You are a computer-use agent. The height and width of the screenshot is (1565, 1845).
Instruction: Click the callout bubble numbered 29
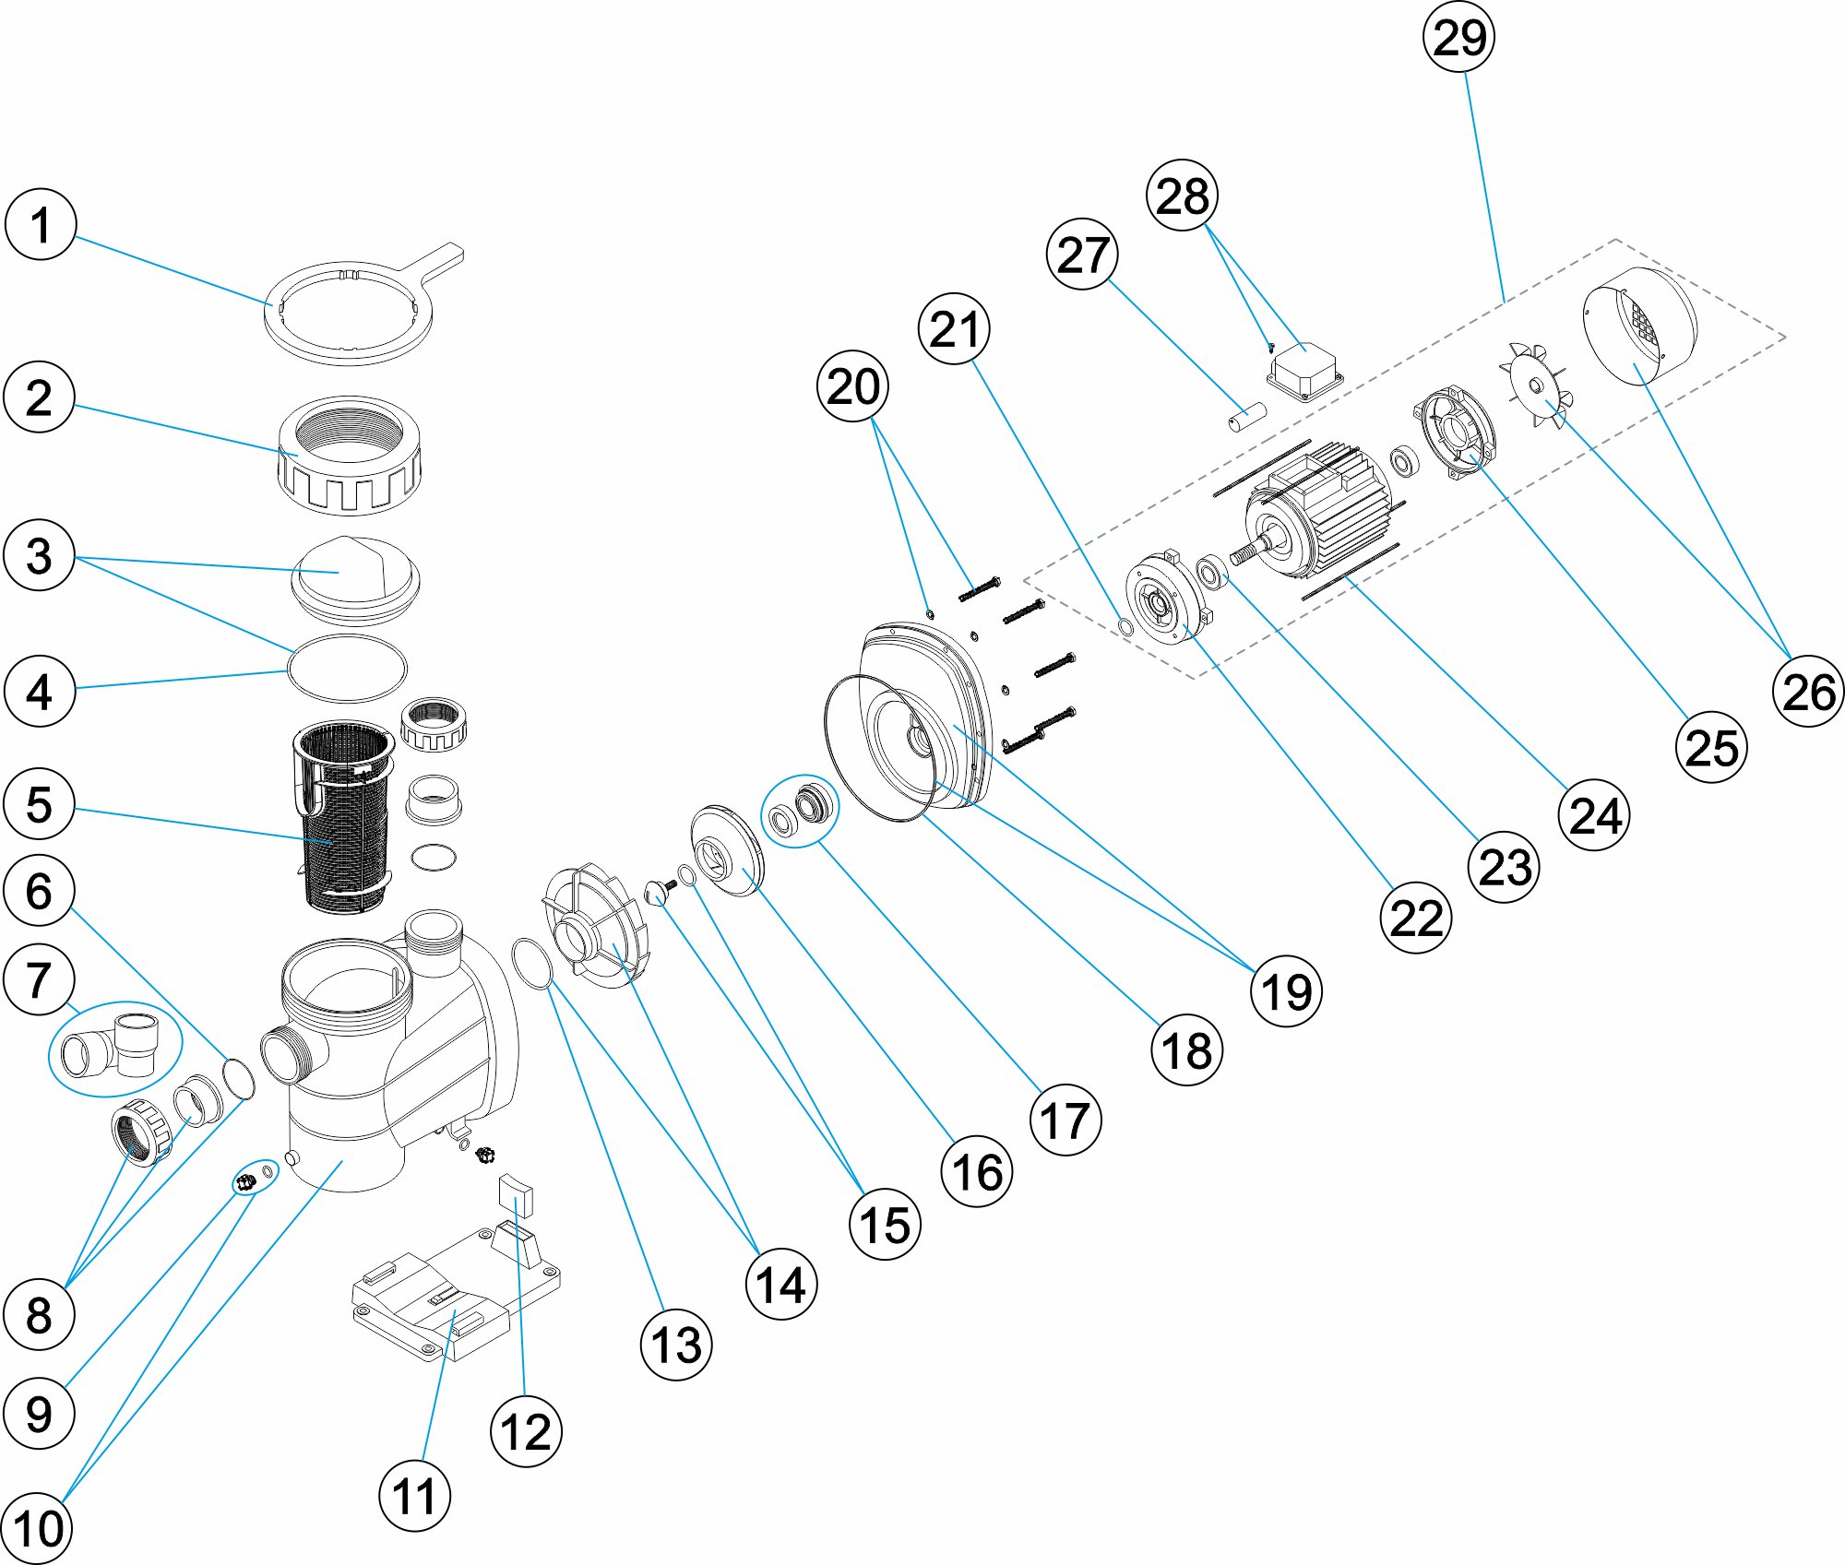1458,38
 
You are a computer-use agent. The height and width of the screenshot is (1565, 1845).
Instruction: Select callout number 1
40,225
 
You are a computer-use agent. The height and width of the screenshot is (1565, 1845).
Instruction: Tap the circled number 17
1065,1120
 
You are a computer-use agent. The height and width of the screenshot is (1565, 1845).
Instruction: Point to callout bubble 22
1415,918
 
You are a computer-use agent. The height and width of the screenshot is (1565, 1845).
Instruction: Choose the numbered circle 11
414,1496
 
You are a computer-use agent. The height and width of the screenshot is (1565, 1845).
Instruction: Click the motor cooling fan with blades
1535,385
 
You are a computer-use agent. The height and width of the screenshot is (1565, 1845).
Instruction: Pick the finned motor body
1319,512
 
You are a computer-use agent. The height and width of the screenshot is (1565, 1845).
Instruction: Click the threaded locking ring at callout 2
349,456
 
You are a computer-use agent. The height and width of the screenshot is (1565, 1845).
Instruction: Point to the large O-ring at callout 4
347,668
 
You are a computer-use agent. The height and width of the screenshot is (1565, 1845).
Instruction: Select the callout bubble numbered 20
852,386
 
